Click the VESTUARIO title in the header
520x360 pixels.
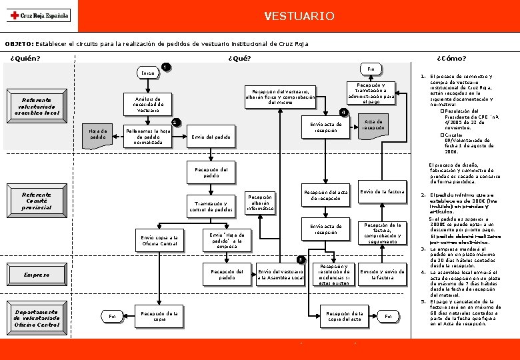click(x=299, y=15)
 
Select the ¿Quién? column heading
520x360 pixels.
click(x=25, y=57)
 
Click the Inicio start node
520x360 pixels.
click(x=147, y=73)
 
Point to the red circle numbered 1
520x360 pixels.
click(x=165, y=66)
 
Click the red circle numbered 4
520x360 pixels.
click(x=343, y=111)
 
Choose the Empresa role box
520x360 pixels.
click(x=37, y=274)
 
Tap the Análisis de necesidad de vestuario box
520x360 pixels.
click(x=148, y=103)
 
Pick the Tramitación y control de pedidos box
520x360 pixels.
click(x=211, y=207)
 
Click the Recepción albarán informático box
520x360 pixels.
click(x=260, y=203)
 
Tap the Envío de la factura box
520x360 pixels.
click(x=382, y=192)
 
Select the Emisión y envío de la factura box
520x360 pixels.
click(x=382, y=274)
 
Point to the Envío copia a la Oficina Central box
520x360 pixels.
click(x=159, y=241)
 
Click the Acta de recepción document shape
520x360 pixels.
click(x=373, y=126)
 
